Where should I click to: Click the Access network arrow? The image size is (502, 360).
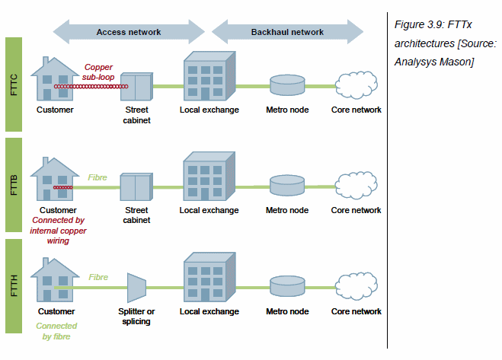(x=128, y=32)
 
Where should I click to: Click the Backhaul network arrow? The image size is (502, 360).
(x=287, y=32)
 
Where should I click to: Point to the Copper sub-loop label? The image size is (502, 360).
(x=98, y=72)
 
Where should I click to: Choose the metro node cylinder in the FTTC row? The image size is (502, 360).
(x=287, y=84)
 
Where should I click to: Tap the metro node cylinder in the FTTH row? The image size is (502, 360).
(x=287, y=286)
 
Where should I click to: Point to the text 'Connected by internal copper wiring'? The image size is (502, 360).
(x=58, y=231)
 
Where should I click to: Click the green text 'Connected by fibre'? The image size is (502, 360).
(x=56, y=331)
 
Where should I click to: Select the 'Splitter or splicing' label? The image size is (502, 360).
(x=137, y=316)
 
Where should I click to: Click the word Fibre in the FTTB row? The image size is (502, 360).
(x=98, y=177)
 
